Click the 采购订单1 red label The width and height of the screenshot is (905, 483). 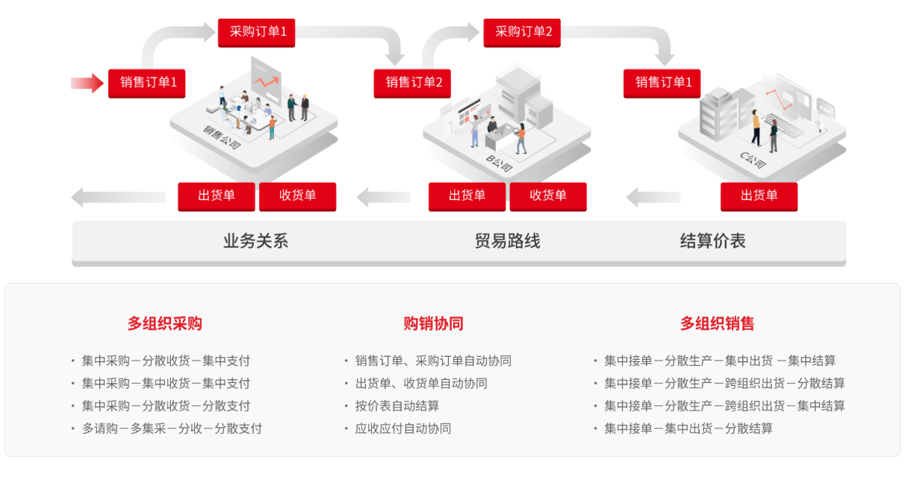(256, 32)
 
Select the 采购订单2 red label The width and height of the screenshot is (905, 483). (522, 32)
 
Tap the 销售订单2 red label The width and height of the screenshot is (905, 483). (412, 83)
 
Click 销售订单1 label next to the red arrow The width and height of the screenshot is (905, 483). (147, 83)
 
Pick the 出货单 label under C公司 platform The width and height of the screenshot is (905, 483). (759, 196)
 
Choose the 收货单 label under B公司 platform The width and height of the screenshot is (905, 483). (548, 196)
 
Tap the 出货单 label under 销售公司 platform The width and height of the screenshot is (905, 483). (217, 196)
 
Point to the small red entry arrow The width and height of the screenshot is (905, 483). (87, 83)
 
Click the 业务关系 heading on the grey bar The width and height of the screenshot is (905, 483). (255, 241)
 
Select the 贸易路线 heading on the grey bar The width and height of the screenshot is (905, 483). (507, 241)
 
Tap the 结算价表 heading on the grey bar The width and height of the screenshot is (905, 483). (712, 241)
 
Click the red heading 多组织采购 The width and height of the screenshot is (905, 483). (164, 323)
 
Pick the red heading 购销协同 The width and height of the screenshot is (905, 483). (433, 323)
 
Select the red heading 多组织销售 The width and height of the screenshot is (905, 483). (717, 323)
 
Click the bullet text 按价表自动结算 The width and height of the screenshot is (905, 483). (397, 406)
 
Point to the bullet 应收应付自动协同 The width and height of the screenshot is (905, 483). (403, 429)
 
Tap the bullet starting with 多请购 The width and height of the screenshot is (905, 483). (172, 429)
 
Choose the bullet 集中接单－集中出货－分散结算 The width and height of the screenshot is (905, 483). (688, 429)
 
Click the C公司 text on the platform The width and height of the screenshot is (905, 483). (753, 160)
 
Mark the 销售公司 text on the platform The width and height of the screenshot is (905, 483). (222, 136)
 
